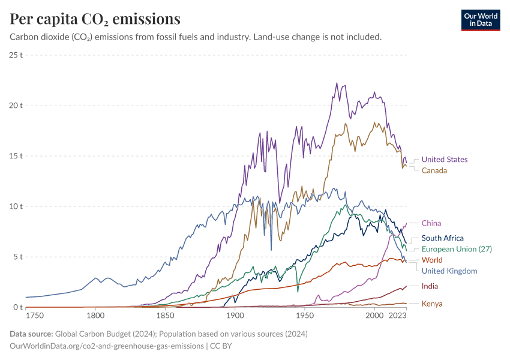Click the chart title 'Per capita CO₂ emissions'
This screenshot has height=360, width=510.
95,19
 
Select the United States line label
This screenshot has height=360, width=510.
444,160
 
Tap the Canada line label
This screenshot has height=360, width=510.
434,170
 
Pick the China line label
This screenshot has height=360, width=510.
431,223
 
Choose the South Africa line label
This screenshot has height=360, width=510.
442,238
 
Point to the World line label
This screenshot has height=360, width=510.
432,260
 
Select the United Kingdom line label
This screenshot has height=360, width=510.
449,271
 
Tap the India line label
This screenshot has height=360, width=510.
430,286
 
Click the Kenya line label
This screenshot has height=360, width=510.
432,304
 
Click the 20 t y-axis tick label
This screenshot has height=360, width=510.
16,106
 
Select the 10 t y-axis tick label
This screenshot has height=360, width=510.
16,206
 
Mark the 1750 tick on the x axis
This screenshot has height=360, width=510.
35,315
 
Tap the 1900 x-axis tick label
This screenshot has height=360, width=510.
235,315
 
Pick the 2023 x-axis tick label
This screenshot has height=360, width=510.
397,315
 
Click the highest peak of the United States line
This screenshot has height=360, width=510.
337,83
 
